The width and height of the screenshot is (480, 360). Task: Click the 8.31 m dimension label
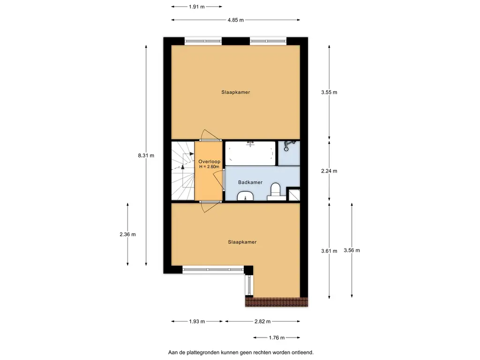(146, 156)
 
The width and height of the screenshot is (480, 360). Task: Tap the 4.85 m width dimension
(236, 20)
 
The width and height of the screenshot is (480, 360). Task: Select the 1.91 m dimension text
(196, 7)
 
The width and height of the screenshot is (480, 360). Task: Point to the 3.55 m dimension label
(329, 92)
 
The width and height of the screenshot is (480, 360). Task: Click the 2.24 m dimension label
(329, 171)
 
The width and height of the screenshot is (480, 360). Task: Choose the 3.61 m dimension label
(329, 251)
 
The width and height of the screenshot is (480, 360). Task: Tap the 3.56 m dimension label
(352, 250)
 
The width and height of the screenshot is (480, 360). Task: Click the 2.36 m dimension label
(127, 234)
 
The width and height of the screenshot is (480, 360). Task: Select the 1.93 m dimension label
(197, 322)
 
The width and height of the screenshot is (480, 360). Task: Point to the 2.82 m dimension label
(262, 322)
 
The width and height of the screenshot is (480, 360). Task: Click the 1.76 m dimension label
(277, 337)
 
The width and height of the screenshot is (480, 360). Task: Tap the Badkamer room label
(250, 182)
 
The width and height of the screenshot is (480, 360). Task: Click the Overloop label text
(210, 162)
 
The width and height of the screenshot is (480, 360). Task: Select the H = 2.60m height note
(210, 167)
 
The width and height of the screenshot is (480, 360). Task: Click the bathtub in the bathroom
(250, 153)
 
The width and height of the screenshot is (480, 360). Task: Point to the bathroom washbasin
(245, 195)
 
